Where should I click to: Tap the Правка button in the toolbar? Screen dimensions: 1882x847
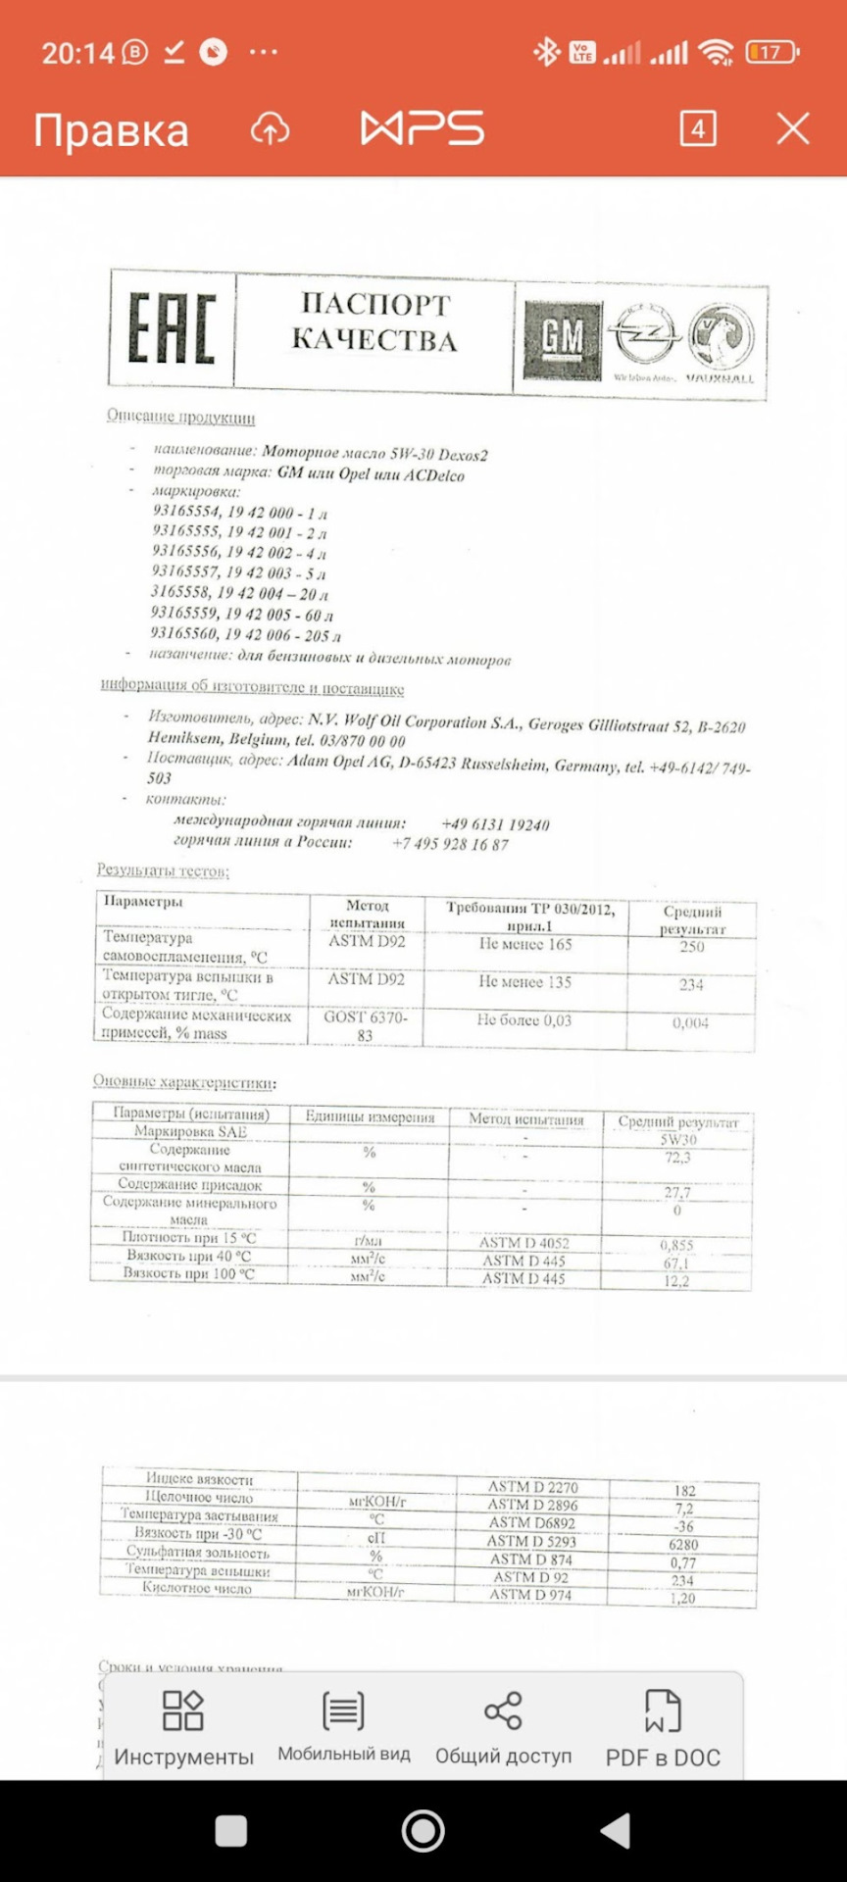click(x=111, y=129)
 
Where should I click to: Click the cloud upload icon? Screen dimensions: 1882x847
click(x=270, y=128)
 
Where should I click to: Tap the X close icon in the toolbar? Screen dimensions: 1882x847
click(x=793, y=128)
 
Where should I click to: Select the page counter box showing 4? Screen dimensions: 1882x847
click(x=698, y=128)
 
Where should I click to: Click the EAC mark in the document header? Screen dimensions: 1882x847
click(x=172, y=329)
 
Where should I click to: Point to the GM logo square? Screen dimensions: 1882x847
click(x=562, y=339)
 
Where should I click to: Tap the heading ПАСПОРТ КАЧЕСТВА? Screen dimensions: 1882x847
click(x=374, y=322)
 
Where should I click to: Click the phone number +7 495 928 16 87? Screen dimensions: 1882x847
click(x=450, y=844)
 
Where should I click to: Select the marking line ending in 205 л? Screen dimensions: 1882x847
click(x=246, y=634)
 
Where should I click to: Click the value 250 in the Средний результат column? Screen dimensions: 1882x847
click(x=692, y=947)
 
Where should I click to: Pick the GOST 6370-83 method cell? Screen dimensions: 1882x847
click(x=366, y=1025)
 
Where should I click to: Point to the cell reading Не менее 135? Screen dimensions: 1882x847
click(x=524, y=982)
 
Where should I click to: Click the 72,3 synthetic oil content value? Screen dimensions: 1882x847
click(x=677, y=1158)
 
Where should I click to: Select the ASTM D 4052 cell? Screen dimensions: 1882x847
click(x=524, y=1243)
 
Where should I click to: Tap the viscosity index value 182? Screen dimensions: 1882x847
click(x=684, y=1491)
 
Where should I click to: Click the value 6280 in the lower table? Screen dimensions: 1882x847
click(x=683, y=1545)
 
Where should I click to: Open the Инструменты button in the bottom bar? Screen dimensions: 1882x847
click(x=183, y=1729)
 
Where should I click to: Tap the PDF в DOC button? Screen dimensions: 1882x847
click(x=663, y=1729)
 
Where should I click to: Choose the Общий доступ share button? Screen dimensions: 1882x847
click(x=503, y=1729)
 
